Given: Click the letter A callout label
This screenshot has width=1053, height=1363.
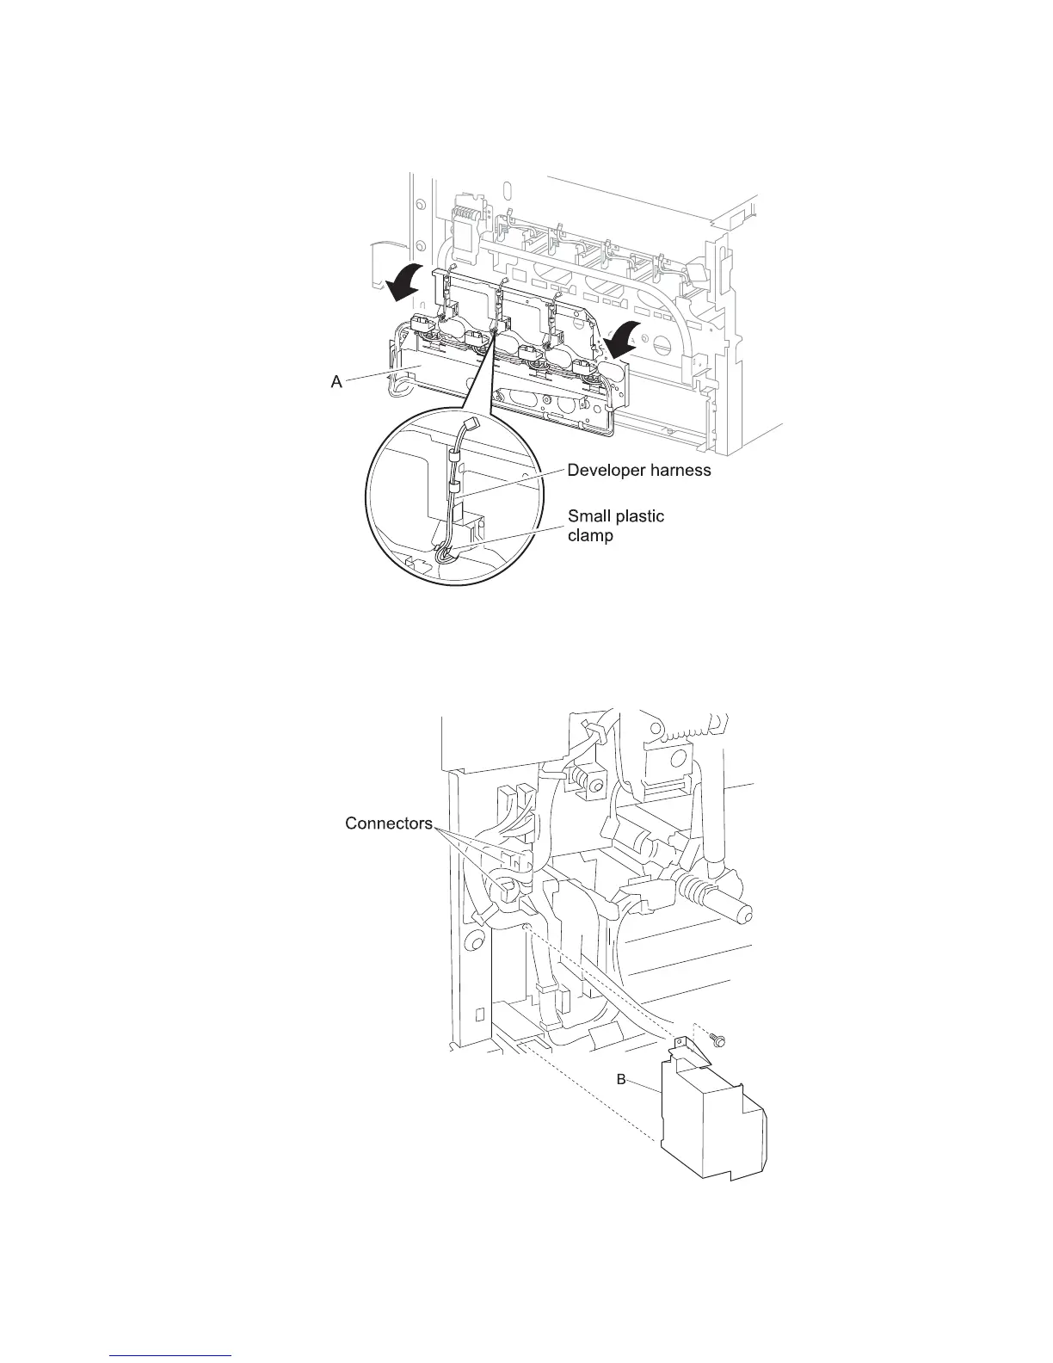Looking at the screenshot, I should [337, 382].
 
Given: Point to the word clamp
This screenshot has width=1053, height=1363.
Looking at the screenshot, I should [590, 535].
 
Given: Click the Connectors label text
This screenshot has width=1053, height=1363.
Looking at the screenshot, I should [388, 823].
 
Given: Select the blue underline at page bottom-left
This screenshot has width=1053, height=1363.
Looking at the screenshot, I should [171, 1354].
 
